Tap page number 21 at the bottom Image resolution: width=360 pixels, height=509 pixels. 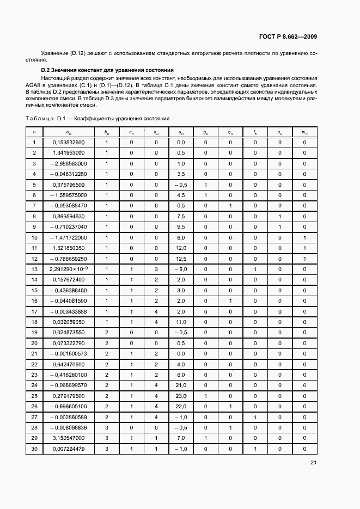(x=313, y=463)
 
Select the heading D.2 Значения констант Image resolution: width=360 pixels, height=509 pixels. (x=107, y=70)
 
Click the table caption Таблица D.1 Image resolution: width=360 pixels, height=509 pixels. (x=97, y=118)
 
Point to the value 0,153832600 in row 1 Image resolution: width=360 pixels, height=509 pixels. (x=68, y=143)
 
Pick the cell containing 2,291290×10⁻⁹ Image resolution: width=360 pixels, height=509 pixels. (x=68, y=269)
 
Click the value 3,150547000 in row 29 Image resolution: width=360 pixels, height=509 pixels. (x=68, y=438)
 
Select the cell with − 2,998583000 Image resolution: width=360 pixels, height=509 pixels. (x=68, y=163)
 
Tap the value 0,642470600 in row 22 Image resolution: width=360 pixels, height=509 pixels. (x=68, y=364)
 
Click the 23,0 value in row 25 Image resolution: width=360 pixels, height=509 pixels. (x=181, y=395)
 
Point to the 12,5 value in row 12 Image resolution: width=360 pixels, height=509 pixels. (x=181, y=259)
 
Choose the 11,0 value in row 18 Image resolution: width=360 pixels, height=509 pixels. (x=181, y=322)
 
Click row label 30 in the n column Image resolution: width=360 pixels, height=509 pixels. (x=34, y=448)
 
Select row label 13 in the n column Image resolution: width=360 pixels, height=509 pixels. (x=34, y=269)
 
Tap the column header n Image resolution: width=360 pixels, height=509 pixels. (x=34, y=132)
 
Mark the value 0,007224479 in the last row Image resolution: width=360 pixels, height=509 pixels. (x=68, y=448)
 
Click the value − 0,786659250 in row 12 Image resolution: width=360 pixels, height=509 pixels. (x=68, y=259)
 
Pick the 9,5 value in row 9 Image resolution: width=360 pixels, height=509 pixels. (x=181, y=226)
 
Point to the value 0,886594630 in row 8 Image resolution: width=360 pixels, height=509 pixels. (x=68, y=216)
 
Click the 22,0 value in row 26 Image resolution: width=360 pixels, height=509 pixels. (x=181, y=406)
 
